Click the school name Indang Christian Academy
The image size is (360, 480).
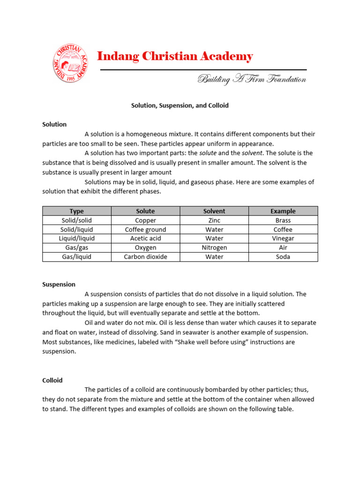[175, 57]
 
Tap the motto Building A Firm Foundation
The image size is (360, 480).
[252, 79]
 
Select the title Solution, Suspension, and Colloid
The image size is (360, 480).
[180, 105]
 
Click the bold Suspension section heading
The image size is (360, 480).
[59, 284]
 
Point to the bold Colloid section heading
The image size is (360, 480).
[52, 380]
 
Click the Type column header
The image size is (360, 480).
[76, 211]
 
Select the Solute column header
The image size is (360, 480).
[145, 211]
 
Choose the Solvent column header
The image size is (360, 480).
[214, 211]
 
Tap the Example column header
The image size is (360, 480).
[283, 211]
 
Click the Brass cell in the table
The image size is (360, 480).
[283, 220]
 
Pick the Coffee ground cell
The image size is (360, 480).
[145, 230]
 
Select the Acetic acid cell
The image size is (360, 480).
[145, 239]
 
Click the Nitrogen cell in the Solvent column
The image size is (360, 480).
[214, 247]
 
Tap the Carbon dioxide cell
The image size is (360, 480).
[145, 257]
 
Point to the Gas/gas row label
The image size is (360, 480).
[77, 247]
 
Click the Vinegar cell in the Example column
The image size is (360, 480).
[283, 239]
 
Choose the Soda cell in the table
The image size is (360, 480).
[283, 257]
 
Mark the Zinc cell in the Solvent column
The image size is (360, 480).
[214, 220]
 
